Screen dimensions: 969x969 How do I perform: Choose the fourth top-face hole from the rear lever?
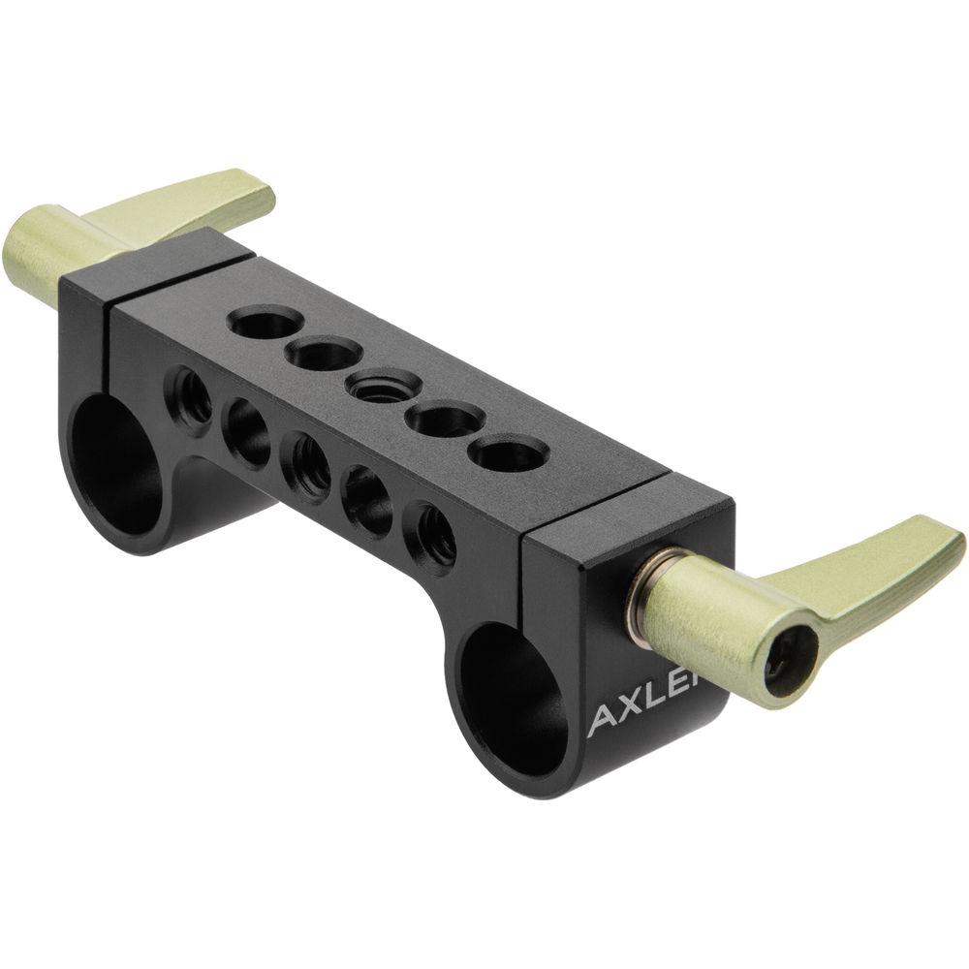pos(438,420)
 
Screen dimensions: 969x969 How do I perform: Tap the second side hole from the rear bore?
pos(246,429)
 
